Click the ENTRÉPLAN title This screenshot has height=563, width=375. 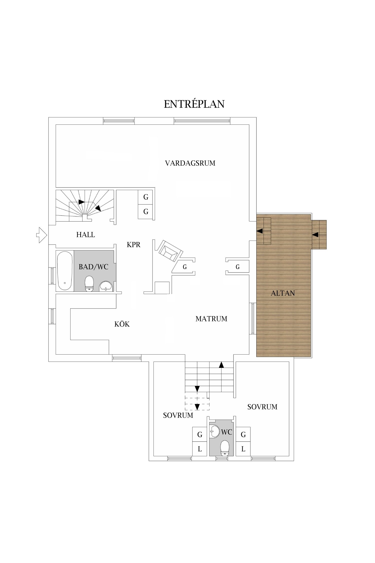pyautogui.click(x=194, y=104)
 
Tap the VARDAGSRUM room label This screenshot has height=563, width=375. pyautogui.click(x=190, y=163)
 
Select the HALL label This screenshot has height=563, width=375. pyautogui.click(x=85, y=235)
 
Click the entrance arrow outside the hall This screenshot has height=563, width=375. pyautogui.click(x=41, y=235)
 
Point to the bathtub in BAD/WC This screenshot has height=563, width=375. pyautogui.click(x=64, y=271)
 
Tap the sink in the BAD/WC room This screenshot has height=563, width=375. pyautogui.click(x=106, y=286)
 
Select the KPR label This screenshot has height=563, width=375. pyautogui.click(x=133, y=245)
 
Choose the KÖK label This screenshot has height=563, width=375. pyautogui.click(x=122, y=324)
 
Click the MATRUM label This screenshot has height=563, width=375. pyautogui.click(x=211, y=319)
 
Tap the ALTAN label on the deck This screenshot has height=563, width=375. pyautogui.click(x=283, y=293)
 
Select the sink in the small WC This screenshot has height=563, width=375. pyautogui.click(x=214, y=431)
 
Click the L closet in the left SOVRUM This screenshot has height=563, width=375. pyautogui.click(x=199, y=449)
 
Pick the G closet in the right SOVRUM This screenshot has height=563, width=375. pyautogui.click(x=243, y=435)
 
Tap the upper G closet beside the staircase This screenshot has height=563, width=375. pyautogui.click(x=146, y=197)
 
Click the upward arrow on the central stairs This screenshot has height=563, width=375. pyautogui.click(x=221, y=365)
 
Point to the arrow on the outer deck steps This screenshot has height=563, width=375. pyautogui.click(x=315, y=235)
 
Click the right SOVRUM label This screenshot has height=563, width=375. pyautogui.click(x=262, y=407)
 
